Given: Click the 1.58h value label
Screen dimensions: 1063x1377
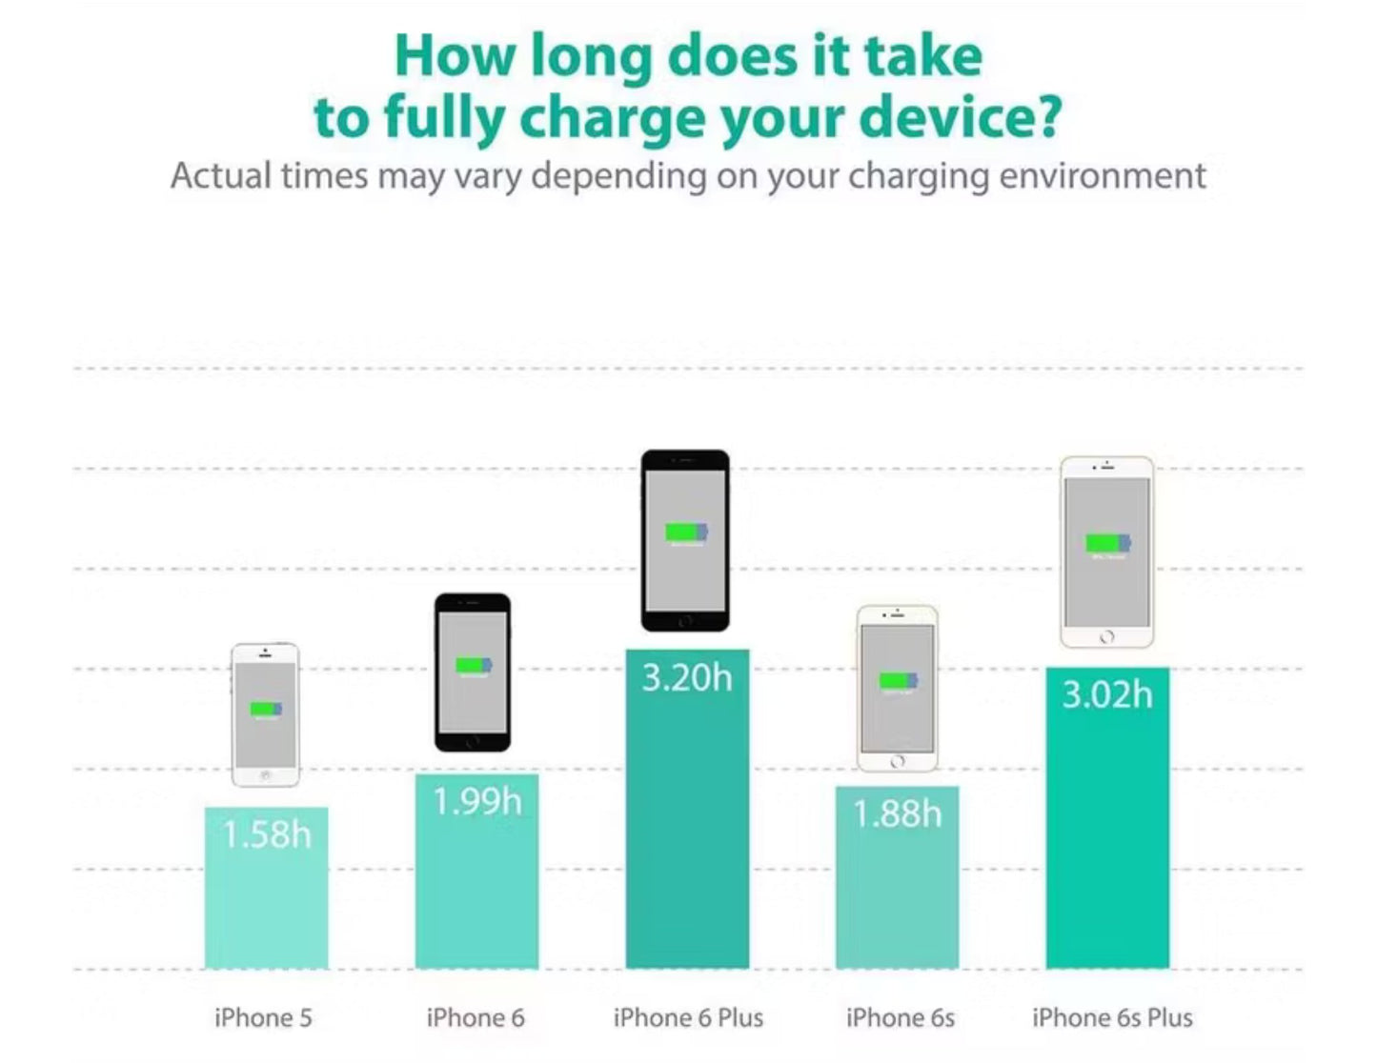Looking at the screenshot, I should [267, 835].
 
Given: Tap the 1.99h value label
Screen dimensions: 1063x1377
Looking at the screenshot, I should [476, 802].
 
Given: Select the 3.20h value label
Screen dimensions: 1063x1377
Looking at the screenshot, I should [687, 678].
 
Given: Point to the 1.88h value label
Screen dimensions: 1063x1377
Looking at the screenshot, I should [897, 814].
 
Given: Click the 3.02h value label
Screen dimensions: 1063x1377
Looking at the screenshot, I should [1107, 695].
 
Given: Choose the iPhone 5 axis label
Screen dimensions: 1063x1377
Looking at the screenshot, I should [263, 1018].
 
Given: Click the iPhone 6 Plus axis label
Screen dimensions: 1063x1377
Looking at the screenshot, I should [688, 1018].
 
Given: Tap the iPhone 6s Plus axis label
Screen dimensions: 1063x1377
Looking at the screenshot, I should [1112, 1018].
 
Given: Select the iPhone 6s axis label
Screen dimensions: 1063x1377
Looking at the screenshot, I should [900, 1018].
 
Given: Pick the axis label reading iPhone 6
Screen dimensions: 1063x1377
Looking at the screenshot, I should [476, 1018].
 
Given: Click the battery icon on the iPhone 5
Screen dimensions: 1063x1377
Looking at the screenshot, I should [266, 709].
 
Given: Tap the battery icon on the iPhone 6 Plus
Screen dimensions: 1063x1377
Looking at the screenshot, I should [686, 531].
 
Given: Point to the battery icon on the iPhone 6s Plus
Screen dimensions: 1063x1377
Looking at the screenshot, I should [1107, 543].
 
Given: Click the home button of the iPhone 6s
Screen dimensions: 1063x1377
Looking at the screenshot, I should [898, 762].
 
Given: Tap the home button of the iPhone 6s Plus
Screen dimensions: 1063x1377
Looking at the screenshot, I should [1106, 636].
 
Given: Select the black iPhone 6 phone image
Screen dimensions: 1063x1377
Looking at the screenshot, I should [473, 672].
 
